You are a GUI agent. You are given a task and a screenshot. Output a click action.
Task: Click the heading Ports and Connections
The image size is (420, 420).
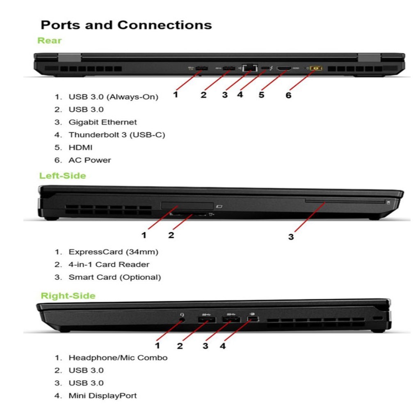[126, 25]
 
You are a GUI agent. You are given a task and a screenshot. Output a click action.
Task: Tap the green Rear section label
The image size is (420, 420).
[49, 41]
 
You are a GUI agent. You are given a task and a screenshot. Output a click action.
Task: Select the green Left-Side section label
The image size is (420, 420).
[63, 176]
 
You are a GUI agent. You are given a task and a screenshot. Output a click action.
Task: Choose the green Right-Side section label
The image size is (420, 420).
[68, 296]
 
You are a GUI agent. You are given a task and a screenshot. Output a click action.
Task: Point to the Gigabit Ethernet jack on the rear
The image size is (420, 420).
[249, 68]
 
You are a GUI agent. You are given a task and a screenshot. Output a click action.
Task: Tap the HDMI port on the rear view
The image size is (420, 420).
[284, 68]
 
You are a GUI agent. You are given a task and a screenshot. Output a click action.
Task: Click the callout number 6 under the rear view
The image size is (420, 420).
[288, 95]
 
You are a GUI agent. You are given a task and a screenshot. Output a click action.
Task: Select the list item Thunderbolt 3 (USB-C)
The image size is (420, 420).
[116, 135]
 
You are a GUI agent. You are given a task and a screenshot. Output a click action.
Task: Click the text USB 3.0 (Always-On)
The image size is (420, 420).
[113, 97]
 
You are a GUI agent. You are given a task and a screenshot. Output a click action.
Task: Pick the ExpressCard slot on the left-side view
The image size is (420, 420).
[187, 205]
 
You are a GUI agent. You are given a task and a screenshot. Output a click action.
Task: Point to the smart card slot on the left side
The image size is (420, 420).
[345, 201]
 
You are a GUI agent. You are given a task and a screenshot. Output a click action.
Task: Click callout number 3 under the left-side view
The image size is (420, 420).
[291, 237]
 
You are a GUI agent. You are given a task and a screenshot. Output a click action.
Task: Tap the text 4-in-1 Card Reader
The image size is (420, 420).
[109, 265]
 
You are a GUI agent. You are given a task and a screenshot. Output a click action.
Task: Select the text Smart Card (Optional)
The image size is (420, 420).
[114, 277]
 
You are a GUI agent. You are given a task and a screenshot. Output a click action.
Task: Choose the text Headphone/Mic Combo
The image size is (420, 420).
[118, 358]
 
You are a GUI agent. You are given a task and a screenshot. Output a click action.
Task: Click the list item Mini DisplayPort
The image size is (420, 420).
[103, 396]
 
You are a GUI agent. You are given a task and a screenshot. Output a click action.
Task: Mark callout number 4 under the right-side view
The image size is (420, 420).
[222, 346]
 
